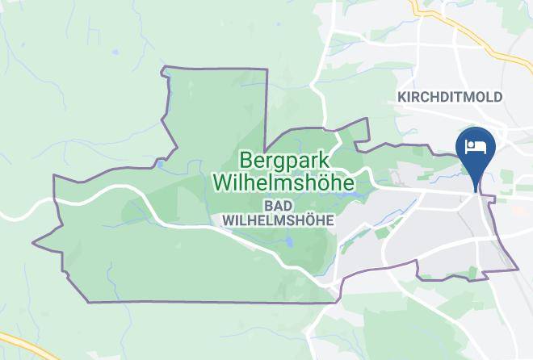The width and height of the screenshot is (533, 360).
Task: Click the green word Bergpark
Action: (279, 158)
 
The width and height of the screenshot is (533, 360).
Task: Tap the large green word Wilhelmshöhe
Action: (284, 183)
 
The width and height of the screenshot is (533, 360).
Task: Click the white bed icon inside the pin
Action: (476, 145)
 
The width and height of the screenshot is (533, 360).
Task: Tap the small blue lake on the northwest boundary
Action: (161, 165)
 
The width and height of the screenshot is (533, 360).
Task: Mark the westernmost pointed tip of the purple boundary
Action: (33, 241)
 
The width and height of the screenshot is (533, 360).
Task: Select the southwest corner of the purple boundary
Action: (87, 302)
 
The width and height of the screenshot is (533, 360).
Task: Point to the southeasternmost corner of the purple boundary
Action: (517, 269)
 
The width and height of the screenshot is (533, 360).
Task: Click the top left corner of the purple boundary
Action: (164, 67)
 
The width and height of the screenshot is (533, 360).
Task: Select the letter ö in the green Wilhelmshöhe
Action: (327, 183)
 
